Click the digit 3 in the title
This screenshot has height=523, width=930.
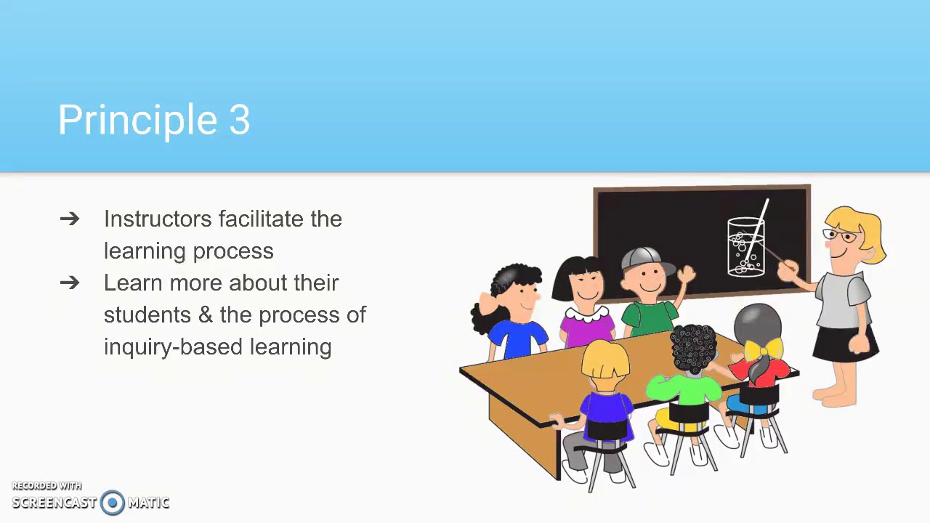240,121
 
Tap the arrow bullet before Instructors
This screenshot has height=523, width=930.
70,219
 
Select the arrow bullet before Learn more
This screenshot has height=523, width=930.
70,283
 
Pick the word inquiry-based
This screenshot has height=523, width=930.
174,347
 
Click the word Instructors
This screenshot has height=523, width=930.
158,219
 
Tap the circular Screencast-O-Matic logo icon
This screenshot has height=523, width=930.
113,503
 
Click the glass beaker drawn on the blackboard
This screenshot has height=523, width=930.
746,247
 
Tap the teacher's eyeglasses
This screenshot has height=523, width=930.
839,235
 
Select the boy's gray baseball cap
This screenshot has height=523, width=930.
642,257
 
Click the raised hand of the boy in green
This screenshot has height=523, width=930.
685,275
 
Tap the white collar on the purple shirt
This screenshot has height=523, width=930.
586,315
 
